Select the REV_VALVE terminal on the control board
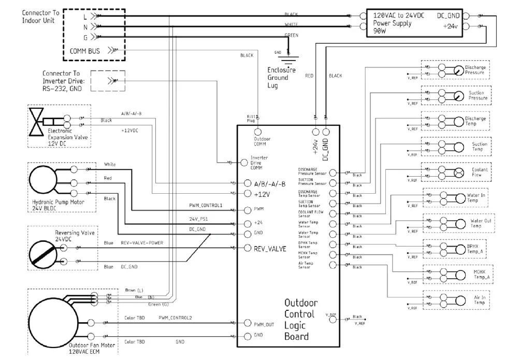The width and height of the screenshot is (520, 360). coord(247,249)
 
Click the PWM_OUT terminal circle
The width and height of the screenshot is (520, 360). coord(247,324)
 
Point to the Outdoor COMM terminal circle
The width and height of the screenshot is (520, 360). coord(257,133)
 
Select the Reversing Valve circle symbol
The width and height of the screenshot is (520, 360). coord(45,254)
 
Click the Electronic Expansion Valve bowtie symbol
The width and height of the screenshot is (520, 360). coord(37,121)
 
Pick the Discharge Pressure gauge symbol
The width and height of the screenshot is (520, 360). coord(458,70)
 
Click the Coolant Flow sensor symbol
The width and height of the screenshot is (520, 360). coord(458,172)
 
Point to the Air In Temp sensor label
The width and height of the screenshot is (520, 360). coord(480,300)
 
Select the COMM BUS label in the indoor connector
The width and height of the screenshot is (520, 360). coord(85,51)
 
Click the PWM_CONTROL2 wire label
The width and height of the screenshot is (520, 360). coord(175,318)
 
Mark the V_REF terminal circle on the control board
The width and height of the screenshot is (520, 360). coord(333,320)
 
